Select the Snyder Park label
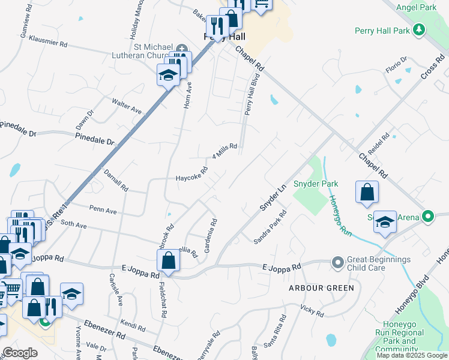[x=316, y=184]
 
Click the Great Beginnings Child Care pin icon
[x=337, y=262]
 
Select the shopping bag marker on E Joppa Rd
[x=169, y=261]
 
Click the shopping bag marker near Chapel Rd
[x=367, y=193]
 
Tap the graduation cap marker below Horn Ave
[x=168, y=75]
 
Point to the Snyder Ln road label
[x=273, y=197]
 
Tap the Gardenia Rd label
[x=210, y=236]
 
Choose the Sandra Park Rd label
[x=270, y=227]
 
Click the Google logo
[x=20, y=353]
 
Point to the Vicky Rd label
[x=312, y=311]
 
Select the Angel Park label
[x=420, y=7]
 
